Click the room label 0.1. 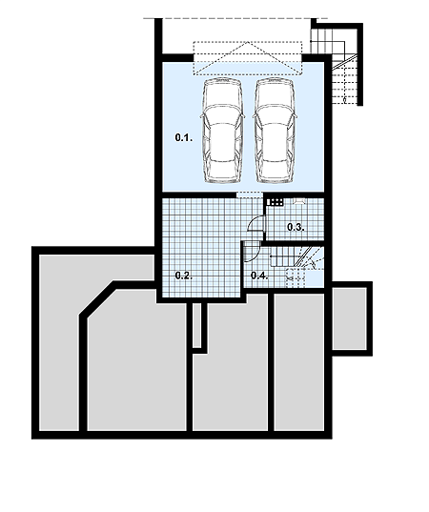tap(184, 138)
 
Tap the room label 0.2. tap(184, 276)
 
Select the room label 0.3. tap(296, 227)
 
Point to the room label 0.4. tap(259, 276)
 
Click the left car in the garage tap(223, 130)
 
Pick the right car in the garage tap(275, 130)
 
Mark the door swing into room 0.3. tap(255, 224)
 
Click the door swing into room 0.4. tap(252, 252)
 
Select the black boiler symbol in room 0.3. tap(275, 202)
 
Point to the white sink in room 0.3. tap(299, 200)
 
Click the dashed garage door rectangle tap(248, 58)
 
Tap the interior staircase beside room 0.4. tap(297, 266)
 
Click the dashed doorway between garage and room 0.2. tap(250, 195)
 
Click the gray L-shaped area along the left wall tap(59, 343)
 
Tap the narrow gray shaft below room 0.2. tap(197, 325)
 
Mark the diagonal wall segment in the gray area tap(97, 297)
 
